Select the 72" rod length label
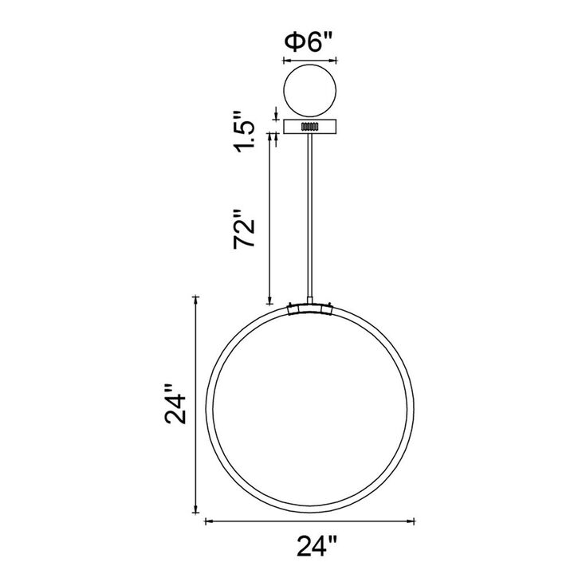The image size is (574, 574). pos(244,229)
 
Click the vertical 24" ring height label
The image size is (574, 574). pos(175,403)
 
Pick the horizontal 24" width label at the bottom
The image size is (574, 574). pos(316,546)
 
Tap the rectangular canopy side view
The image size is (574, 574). pos(310,127)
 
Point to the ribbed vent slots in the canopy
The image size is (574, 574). pos(310,127)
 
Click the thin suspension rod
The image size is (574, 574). pos(310,216)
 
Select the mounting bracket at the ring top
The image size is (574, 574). pos(310,309)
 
